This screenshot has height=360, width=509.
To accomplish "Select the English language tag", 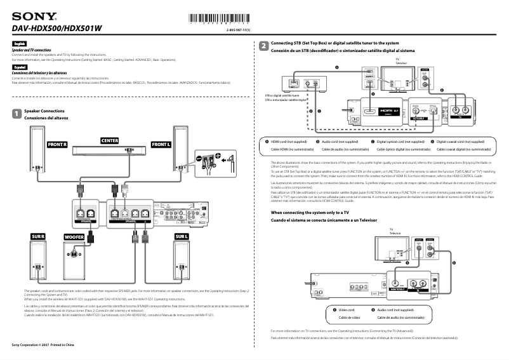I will click(x=19, y=43).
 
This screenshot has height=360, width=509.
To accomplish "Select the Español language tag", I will click(x=20, y=66).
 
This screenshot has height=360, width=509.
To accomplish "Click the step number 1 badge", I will click(x=17, y=114).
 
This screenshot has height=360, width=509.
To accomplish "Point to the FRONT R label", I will click(x=57, y=145).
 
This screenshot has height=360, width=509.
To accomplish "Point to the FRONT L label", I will click(x=161, y=145).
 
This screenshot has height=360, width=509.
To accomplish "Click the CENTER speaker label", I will click(x=110, y=140).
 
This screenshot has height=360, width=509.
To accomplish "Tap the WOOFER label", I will click(x=74, y=237).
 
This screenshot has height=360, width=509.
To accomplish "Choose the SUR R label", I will click(x=38, y=236).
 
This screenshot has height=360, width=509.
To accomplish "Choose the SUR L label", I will click(x=182, y=236).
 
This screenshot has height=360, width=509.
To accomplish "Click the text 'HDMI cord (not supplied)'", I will click(x=289, y=142).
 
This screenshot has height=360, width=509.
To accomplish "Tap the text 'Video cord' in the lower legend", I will click(x=347, y=309).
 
